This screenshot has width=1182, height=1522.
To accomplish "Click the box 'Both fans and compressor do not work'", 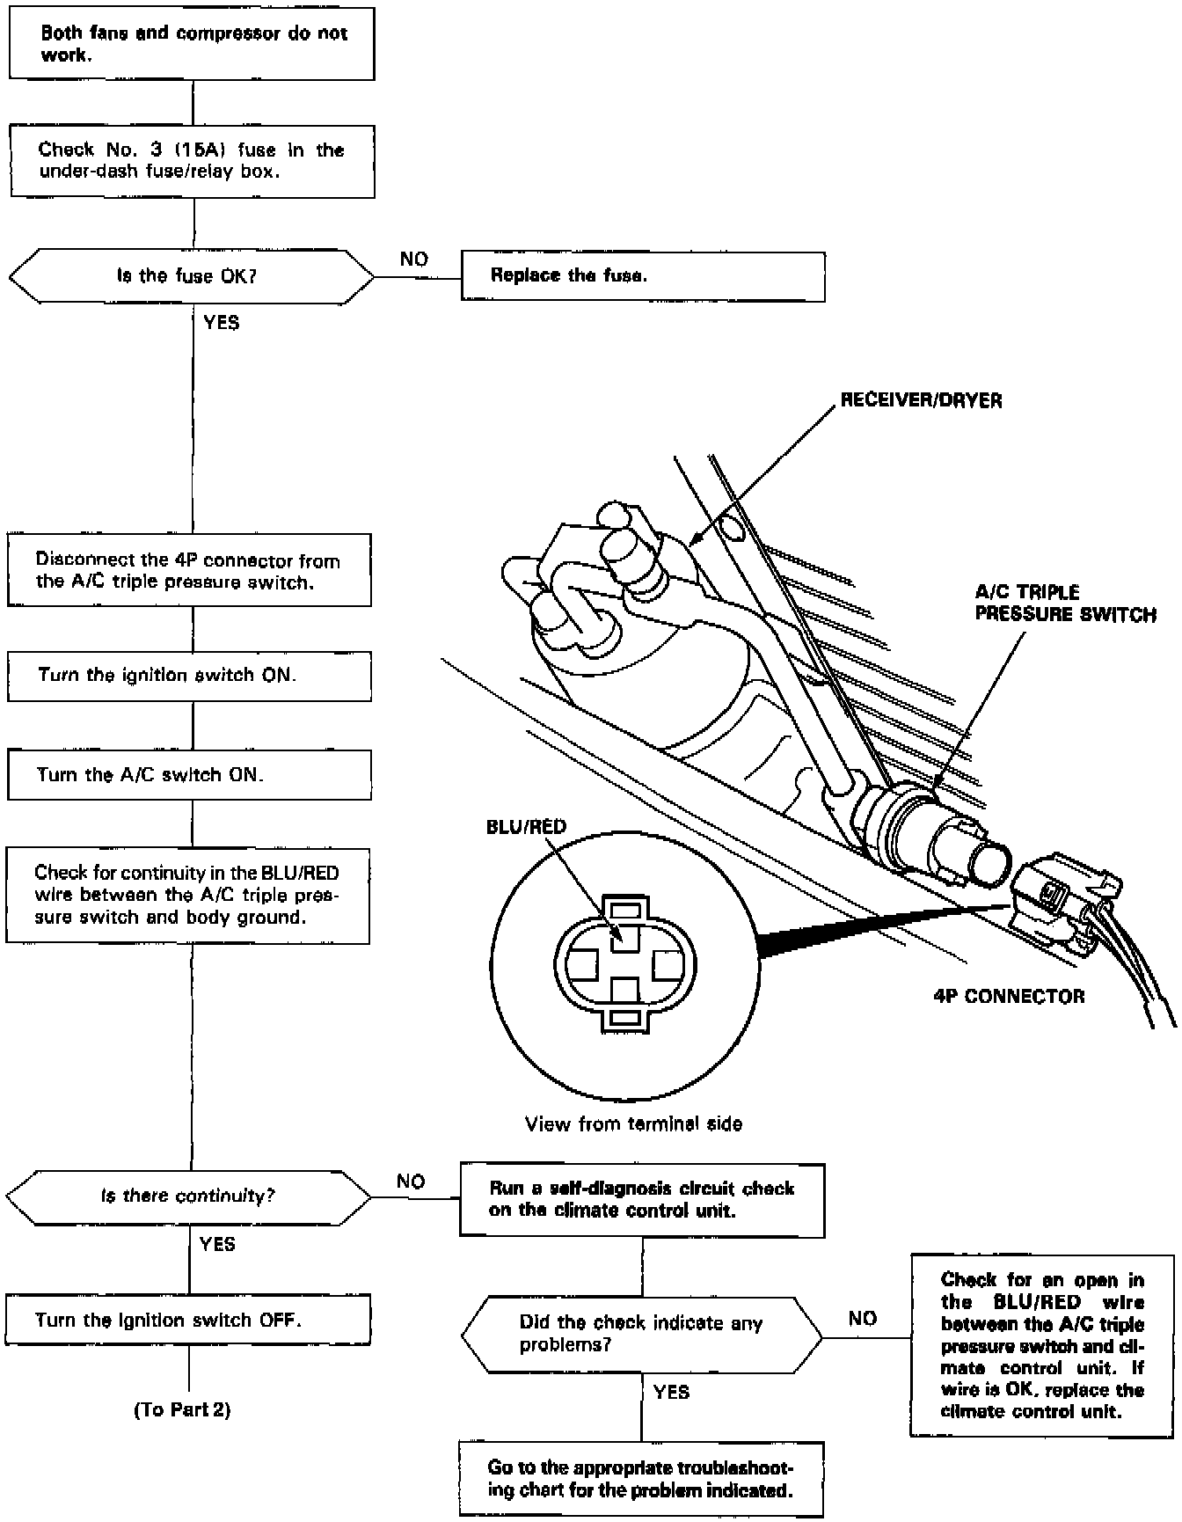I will coord(192,44).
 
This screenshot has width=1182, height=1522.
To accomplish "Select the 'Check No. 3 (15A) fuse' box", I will coord(192,161).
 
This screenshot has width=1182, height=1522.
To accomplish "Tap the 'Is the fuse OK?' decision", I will coord(190,276).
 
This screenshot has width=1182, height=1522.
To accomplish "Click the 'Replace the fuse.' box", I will coord(643,276).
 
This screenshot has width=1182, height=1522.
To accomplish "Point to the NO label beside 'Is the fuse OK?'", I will coord(413,260).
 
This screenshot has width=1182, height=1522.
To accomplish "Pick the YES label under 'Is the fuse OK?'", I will coord(222,323).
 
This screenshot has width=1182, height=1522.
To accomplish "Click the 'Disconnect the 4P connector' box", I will coord(189,571).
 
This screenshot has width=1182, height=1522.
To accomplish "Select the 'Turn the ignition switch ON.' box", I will coord(189,676).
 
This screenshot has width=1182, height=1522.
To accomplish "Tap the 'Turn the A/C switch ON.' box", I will coord(189,775).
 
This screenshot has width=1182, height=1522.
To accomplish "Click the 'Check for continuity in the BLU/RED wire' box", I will coord(187,896).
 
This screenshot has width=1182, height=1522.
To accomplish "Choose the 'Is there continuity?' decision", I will coord(188,1196).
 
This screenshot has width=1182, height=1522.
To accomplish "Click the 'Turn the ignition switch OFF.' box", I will coord(188,1320).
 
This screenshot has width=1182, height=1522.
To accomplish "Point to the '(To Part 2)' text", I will coord(182,1410).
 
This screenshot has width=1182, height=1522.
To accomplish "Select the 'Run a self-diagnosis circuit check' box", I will coord(642,1200).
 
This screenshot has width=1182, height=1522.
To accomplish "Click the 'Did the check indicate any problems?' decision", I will coord(642,1335).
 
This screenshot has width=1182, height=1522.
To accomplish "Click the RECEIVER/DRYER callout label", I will coord(921,401).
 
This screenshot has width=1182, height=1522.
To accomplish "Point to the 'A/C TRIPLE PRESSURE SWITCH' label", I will coord(1065,604).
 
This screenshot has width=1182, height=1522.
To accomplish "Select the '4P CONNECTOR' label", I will coord(1009,997).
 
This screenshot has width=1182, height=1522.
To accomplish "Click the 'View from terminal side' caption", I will coord(633,1123).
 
